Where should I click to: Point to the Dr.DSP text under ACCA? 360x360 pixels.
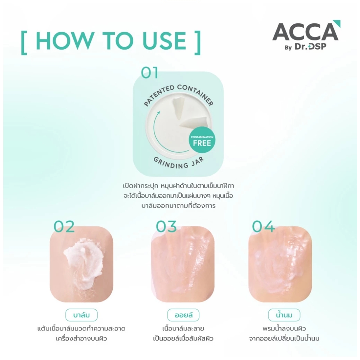(310, 46)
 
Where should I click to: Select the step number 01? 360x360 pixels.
(149, 73)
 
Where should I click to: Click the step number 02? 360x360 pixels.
(64, 226)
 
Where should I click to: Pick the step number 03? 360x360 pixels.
(166, 226)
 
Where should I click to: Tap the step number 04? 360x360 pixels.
(263, 226)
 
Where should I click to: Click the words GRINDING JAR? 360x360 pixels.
(179, 163)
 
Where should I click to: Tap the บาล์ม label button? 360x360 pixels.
(81, 315)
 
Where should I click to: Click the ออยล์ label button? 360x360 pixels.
(183, 315)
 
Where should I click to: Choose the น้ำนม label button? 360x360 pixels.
(284, 315)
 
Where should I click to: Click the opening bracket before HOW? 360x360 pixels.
(24, 43)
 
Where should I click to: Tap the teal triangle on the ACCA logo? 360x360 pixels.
(337, 24)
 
